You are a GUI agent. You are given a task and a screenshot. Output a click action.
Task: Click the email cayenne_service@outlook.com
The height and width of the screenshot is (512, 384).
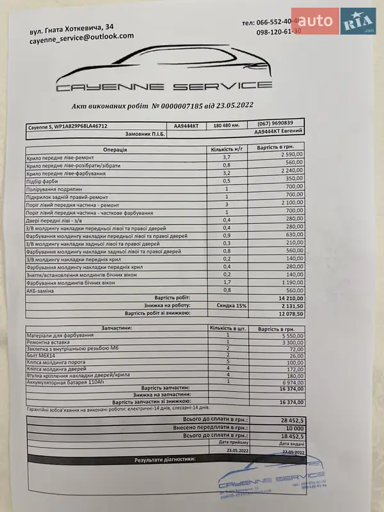pyautogui.click(x=81, y=39)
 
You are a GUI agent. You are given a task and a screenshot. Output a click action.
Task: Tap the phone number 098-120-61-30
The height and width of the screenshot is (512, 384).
pyautogui.click(x=278, y=31)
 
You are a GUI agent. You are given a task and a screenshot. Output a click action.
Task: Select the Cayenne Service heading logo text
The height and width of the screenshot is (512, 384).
pyautogui.click(x=164, y=86)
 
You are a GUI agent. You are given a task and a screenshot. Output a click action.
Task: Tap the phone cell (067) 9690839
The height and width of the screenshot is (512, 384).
pyautogui.click(x=275, y=123)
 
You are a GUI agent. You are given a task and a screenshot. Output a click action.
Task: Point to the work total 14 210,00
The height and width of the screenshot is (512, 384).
pyautogui.click(x=290, y=298)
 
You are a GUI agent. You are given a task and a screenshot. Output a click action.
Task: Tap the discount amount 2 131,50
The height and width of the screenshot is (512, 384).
pyautogui.click(x=292, y=305)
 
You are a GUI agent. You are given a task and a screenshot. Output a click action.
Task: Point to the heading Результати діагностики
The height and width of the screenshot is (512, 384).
pyautogui.click(x=164, y=460)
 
